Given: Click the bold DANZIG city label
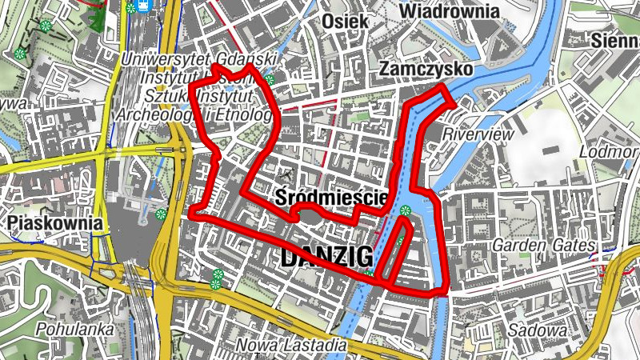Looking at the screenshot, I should coord(326,258).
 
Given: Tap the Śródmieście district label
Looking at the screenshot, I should coord(330,196).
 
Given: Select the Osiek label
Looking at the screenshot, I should coord(345,22).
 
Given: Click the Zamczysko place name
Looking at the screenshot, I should coord(426,70).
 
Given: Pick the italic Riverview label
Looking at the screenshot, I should coord(478,134).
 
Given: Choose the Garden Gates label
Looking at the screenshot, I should coord(544,245).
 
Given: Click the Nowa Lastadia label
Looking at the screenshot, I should coord(292,346).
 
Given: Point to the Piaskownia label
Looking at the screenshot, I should coord(55,223).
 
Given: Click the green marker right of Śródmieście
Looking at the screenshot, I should coord(405,211).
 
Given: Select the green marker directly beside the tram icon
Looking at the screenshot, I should coord(130,9).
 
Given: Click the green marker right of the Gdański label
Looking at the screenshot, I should coord(270,79).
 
